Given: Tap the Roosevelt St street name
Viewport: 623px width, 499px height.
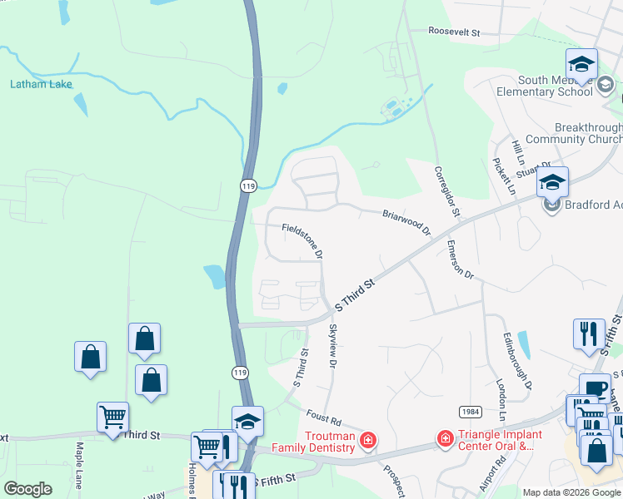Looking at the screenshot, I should [x=455, y=32].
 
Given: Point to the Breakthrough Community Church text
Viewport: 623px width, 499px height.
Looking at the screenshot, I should [x=575, y=133].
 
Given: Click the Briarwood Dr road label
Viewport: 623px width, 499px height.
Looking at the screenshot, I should [x=406, y=220].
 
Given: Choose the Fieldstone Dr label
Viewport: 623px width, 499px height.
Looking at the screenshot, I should [x=302, y=238].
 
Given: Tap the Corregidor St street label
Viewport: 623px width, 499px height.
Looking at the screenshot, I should [x=446, y=190].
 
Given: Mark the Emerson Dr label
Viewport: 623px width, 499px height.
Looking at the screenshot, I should [x=460, y=260].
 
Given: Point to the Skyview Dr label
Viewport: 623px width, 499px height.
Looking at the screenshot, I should [x=332, y=347].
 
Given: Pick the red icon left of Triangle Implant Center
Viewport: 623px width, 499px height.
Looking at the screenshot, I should [x=445, y=437].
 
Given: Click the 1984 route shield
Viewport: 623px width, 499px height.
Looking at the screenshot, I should [x=468, y=413].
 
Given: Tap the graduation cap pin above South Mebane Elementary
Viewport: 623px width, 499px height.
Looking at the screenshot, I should [x=581, y=63].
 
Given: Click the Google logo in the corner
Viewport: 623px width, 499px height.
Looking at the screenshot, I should [x=27, y=489].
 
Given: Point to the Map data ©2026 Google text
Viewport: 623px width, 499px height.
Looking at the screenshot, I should [x=571, y=492].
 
